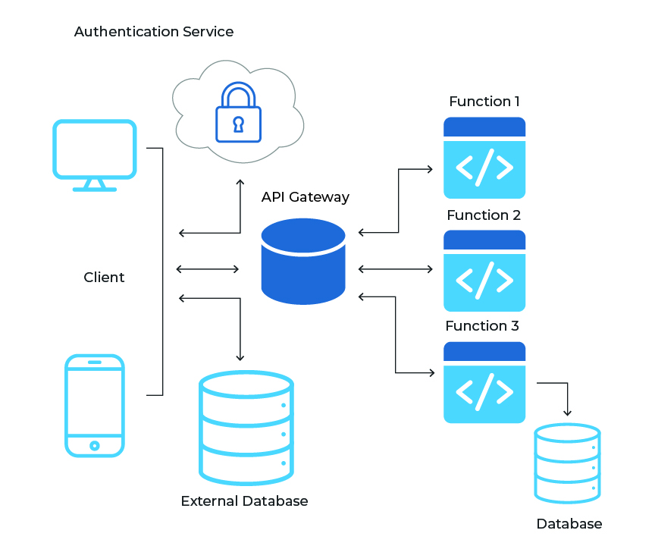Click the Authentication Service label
pos(154,32)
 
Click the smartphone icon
pos(94,405)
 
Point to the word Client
pos(104,278)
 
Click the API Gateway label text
pos(306,197)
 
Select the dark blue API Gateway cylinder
pos(303,262)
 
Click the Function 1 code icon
pos(484,158)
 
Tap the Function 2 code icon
pos(484,271)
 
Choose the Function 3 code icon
pos(484,382)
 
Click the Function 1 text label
pos(484,101)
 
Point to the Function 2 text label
pos(484,215)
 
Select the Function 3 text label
pos(482,326)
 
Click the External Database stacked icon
pos(246,428)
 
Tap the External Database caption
pos(244,501)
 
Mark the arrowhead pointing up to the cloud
pos(240,183)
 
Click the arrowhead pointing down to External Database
pos(240,356)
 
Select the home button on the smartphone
pos(94,445)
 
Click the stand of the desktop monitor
pos(94,184)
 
